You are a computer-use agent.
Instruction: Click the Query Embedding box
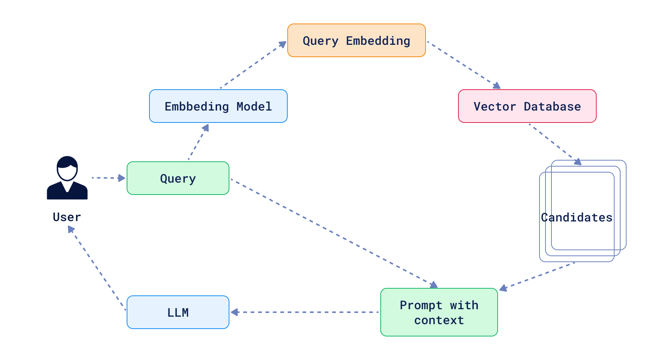click(356, 40)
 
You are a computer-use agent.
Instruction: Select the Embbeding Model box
click(218, 106)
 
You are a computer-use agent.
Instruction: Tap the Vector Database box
click(527, 106)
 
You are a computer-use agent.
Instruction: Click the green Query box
click(178, 178)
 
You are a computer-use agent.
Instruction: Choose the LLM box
click(178, 312)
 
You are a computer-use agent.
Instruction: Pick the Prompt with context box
click(439, 312)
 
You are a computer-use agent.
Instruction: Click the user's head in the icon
click(67, 168)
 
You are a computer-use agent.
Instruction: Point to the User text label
click(67, 217)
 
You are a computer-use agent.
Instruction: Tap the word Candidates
click(576, 217)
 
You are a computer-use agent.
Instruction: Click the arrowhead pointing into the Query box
click(122, 178)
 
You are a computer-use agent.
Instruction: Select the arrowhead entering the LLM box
click(235, 312)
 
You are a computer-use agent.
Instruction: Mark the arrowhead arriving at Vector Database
click(497, 86)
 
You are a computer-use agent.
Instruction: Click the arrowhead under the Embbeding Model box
click(205, 128)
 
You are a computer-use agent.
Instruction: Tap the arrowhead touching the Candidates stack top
click(578, 162)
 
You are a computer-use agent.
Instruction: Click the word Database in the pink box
click(552, 106)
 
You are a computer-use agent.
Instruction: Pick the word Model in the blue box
click(254, 106)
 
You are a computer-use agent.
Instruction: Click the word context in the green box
click(439, 320)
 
